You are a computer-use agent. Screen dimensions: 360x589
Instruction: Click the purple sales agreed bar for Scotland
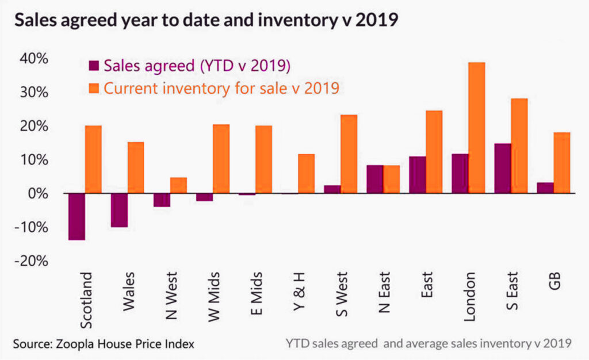coord(77,217)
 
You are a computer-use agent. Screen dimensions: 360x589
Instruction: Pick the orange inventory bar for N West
coord(178,185)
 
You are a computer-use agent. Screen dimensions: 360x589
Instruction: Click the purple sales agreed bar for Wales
coord(119,210)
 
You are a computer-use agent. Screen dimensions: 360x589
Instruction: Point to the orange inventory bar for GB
coord(562,163)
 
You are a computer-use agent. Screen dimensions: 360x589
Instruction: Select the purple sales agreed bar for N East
coord(375,179)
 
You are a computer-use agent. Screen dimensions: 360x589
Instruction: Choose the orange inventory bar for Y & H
coord(306,174)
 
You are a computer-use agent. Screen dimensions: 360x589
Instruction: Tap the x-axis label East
coord(426,285)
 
